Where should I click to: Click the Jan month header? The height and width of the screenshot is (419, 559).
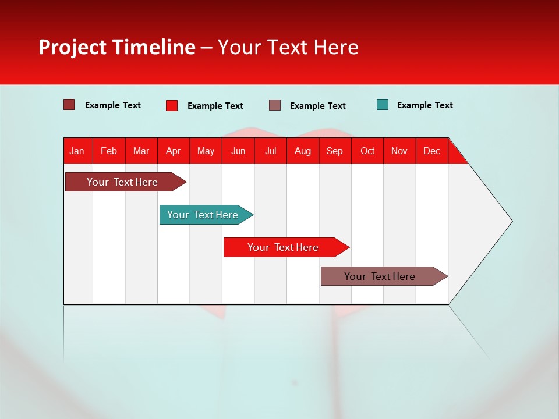[x=77, y=151]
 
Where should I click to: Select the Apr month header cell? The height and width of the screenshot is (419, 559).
[x=174, y=151]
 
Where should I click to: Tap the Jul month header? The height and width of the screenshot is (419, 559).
[x=270, y=151]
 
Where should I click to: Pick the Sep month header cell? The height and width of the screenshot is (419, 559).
[x=335, y=151]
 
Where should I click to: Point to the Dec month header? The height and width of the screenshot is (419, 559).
[x=431, y=151]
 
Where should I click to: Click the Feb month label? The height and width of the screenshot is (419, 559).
[x=109, y=151]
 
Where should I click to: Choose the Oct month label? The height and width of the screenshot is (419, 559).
[x=367, y=151]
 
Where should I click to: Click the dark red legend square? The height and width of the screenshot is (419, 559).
[x=69, y=105]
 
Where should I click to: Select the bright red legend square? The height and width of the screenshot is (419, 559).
[x=172, y=105]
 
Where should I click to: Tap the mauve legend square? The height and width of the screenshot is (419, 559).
[x=275, y=105]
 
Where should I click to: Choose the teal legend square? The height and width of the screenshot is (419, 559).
[x=383, y=105]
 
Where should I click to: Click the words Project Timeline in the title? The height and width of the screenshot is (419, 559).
[x=117, y=47]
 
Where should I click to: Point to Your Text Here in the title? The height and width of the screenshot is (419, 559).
[x=288, y=47]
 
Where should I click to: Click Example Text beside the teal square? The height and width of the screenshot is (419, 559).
[x=424, y=105]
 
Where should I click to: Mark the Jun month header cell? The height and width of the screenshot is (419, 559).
[x=238, y=151]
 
